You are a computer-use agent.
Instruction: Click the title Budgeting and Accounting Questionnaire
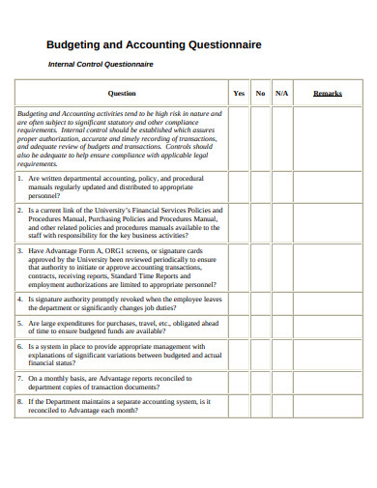pyautogui.click(x=153, y=44)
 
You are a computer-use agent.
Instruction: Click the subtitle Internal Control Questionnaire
pyautogui.click(x=101, y=64)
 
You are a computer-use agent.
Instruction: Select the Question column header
pyautogui.click(x=122, y=93)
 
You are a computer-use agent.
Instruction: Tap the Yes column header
pyautogui.click(x=239, y=93)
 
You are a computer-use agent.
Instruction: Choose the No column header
pyautogui.click(x=260, y=93)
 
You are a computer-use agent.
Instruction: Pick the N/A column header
pyautogui.click(x=282, y=93)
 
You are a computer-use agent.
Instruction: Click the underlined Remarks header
pyautogui.click(x=328, y=93)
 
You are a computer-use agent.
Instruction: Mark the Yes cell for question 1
pyautogui.click(x=239, y=187)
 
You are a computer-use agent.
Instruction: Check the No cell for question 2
pyautogui.click(x=260, y=223)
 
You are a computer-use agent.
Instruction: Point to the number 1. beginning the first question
pyautogui.click(x=21, y=179)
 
